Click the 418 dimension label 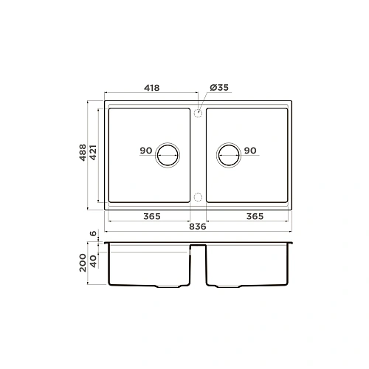click(152, 88)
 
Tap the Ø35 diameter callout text click(219, 87)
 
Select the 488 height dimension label click(83, 153)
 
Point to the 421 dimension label click(93, 153)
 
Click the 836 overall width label click(198, 227)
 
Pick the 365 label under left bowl click(152, 216)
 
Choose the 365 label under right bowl click(255, 216)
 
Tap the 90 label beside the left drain click(146, 151)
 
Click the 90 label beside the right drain click(250, 151)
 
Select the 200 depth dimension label click(83, 263)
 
